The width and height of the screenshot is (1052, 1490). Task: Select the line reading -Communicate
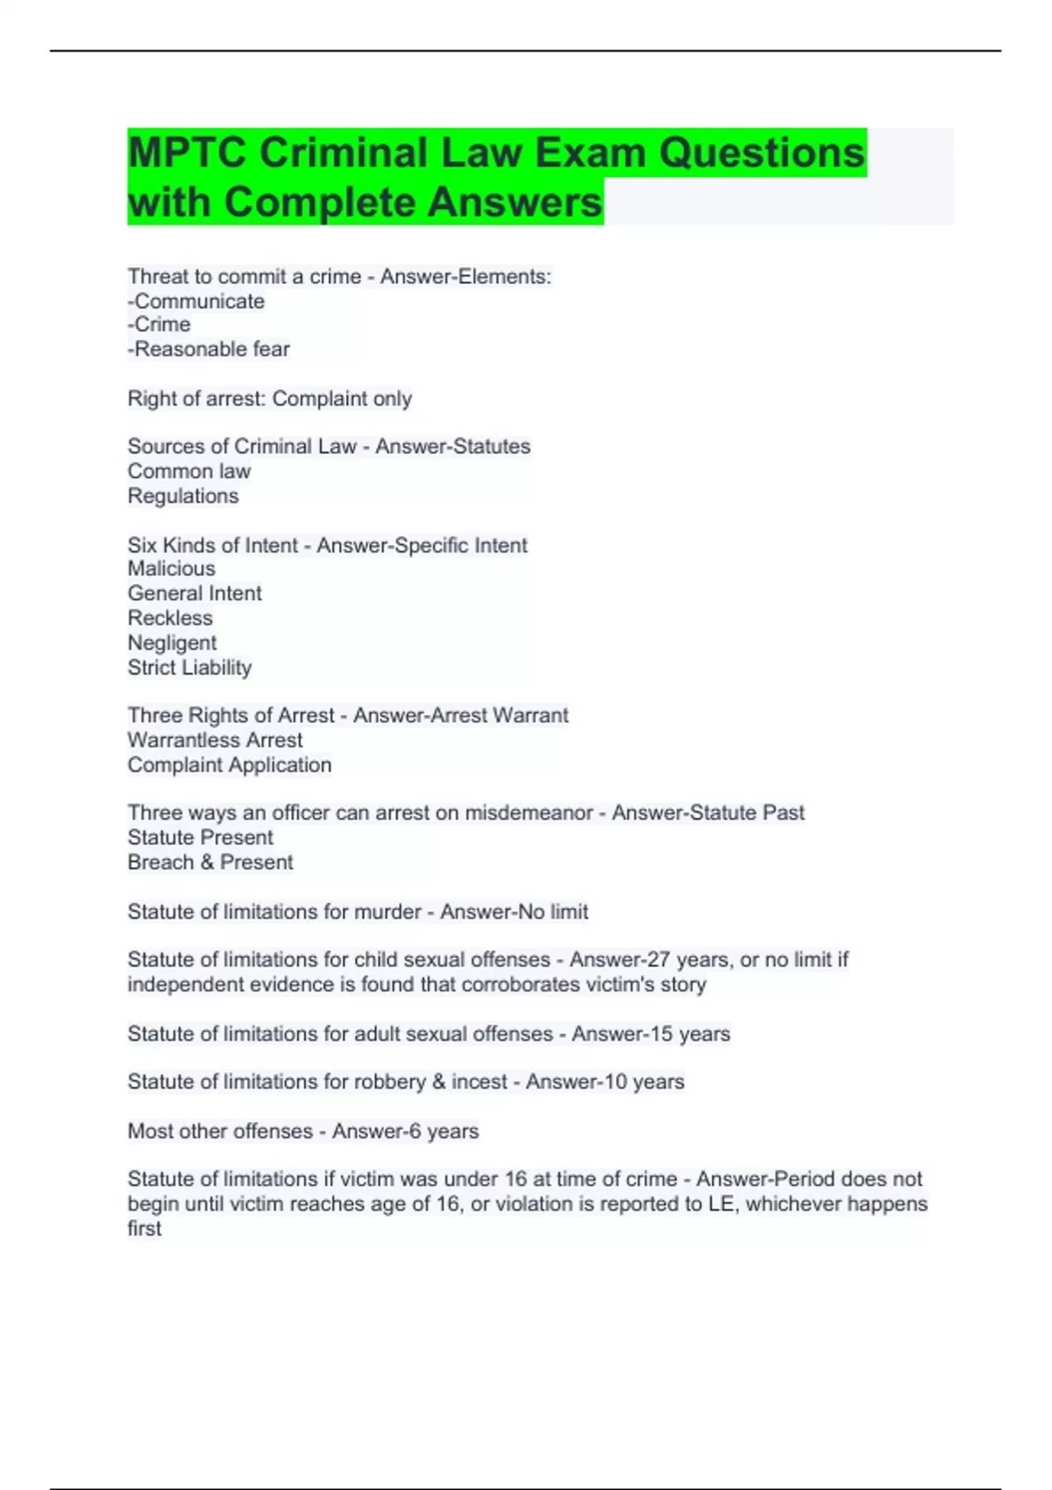196,302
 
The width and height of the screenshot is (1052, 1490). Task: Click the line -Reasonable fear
209,350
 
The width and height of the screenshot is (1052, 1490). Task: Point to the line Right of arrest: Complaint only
269,399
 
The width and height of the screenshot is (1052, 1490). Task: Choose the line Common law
189,472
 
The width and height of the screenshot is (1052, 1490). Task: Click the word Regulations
183,496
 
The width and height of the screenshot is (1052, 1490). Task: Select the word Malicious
172,569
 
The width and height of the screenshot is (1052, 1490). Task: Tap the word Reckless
170,618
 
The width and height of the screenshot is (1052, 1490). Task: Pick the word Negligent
172,643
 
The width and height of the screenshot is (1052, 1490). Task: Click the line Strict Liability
189,668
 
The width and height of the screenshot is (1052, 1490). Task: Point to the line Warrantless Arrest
215,741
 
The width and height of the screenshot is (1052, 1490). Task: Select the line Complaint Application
230,765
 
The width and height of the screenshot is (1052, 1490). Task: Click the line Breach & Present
210,862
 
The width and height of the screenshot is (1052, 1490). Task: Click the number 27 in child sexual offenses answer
658,961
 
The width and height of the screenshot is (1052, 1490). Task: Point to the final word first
145,1229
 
